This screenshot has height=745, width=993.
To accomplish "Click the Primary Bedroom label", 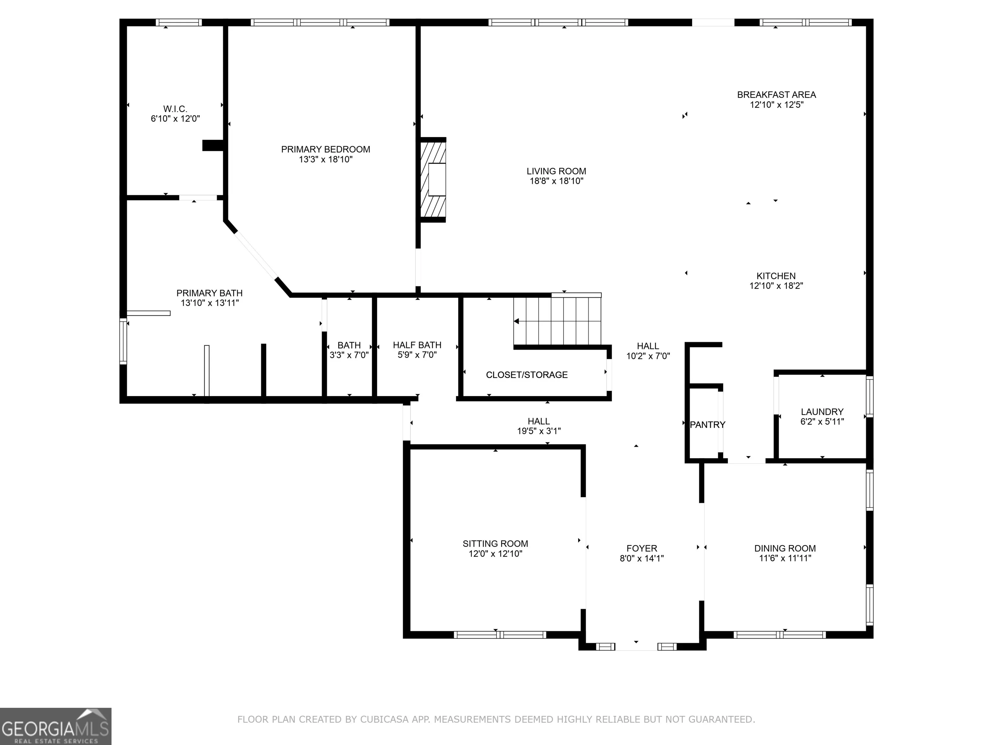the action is click(326, 149).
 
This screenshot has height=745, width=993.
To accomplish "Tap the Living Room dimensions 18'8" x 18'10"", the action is click(556, 181).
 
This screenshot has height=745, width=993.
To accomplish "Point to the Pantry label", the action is click(708, 425).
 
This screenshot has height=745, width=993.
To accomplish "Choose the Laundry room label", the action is click(822, 412).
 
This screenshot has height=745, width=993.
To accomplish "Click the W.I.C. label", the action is click(175, 109).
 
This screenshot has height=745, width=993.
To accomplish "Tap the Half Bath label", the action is click(417, 345).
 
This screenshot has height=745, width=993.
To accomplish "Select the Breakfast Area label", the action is click(776, 95).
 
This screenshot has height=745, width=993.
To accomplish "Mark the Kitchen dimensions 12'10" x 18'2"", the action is click(776, 286).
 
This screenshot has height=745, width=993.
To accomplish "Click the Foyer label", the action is click(642, 548).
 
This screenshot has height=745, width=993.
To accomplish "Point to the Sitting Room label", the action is click(495, 544).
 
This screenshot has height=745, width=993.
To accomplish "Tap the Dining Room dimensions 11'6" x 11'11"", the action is click(785, 558).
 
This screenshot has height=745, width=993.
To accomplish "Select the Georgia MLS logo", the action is click(56, 726).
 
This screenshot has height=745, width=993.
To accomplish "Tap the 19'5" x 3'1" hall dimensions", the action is click(539, 431).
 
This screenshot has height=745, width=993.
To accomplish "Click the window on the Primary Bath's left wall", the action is click(123, 341).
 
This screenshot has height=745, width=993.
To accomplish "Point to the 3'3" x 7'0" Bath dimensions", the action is click(349, 355).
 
